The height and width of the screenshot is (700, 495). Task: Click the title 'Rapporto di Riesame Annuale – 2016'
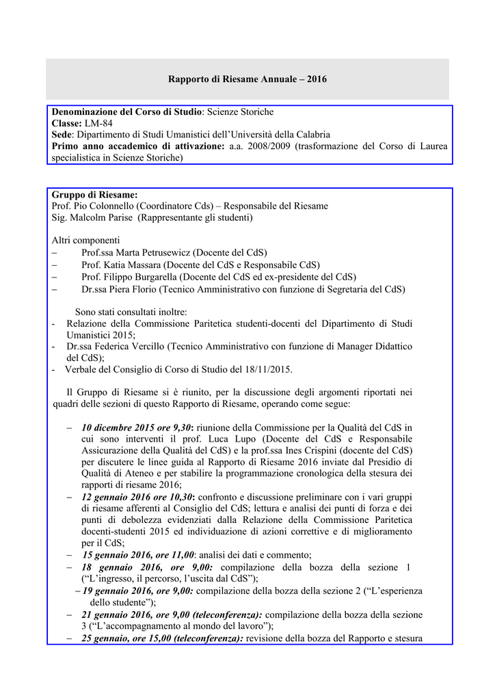coord(247,79)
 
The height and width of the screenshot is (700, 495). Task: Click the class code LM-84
coord(99,123)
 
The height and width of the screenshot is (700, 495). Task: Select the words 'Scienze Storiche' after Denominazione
coord(240,111)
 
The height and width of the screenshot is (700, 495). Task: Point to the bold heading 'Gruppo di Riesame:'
coord(94,195)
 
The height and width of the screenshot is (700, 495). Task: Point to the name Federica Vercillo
coord(131,347)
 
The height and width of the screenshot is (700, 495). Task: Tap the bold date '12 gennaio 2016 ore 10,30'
coord(137,497)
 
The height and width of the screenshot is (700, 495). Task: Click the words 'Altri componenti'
coord(85,240)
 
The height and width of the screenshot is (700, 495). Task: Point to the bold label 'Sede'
coord(62,135)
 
